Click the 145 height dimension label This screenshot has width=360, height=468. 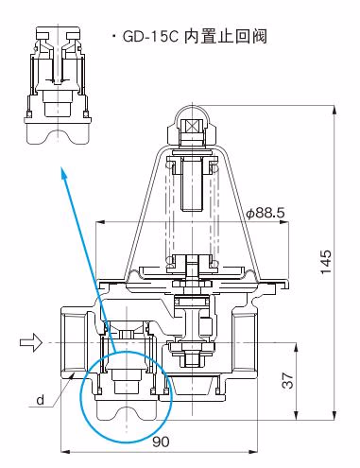(x=326, y=262)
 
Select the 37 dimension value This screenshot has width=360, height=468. (x=287, y=380)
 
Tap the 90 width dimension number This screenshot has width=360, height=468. (x=161, y=442)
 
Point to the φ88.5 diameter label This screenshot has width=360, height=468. (x=266, y=213)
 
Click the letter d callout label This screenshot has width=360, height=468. (x=40, y=400)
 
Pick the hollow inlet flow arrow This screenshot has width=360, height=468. (x=31, y=342)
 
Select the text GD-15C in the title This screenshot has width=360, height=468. (x=150, y=37)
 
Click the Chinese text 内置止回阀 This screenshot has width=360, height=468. (x=226, y=36)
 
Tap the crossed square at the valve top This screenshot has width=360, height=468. (x=193, y=127)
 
